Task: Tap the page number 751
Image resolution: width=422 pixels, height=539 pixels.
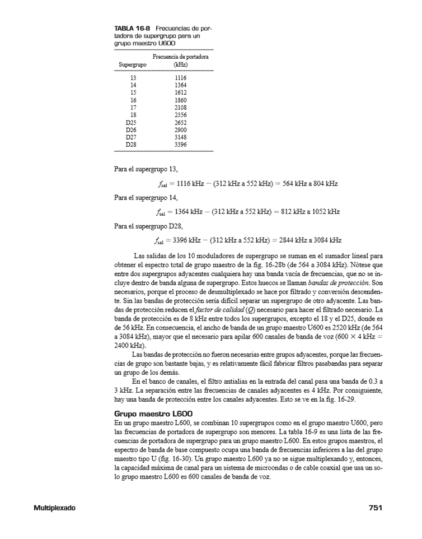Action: click(x=375, y=508)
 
